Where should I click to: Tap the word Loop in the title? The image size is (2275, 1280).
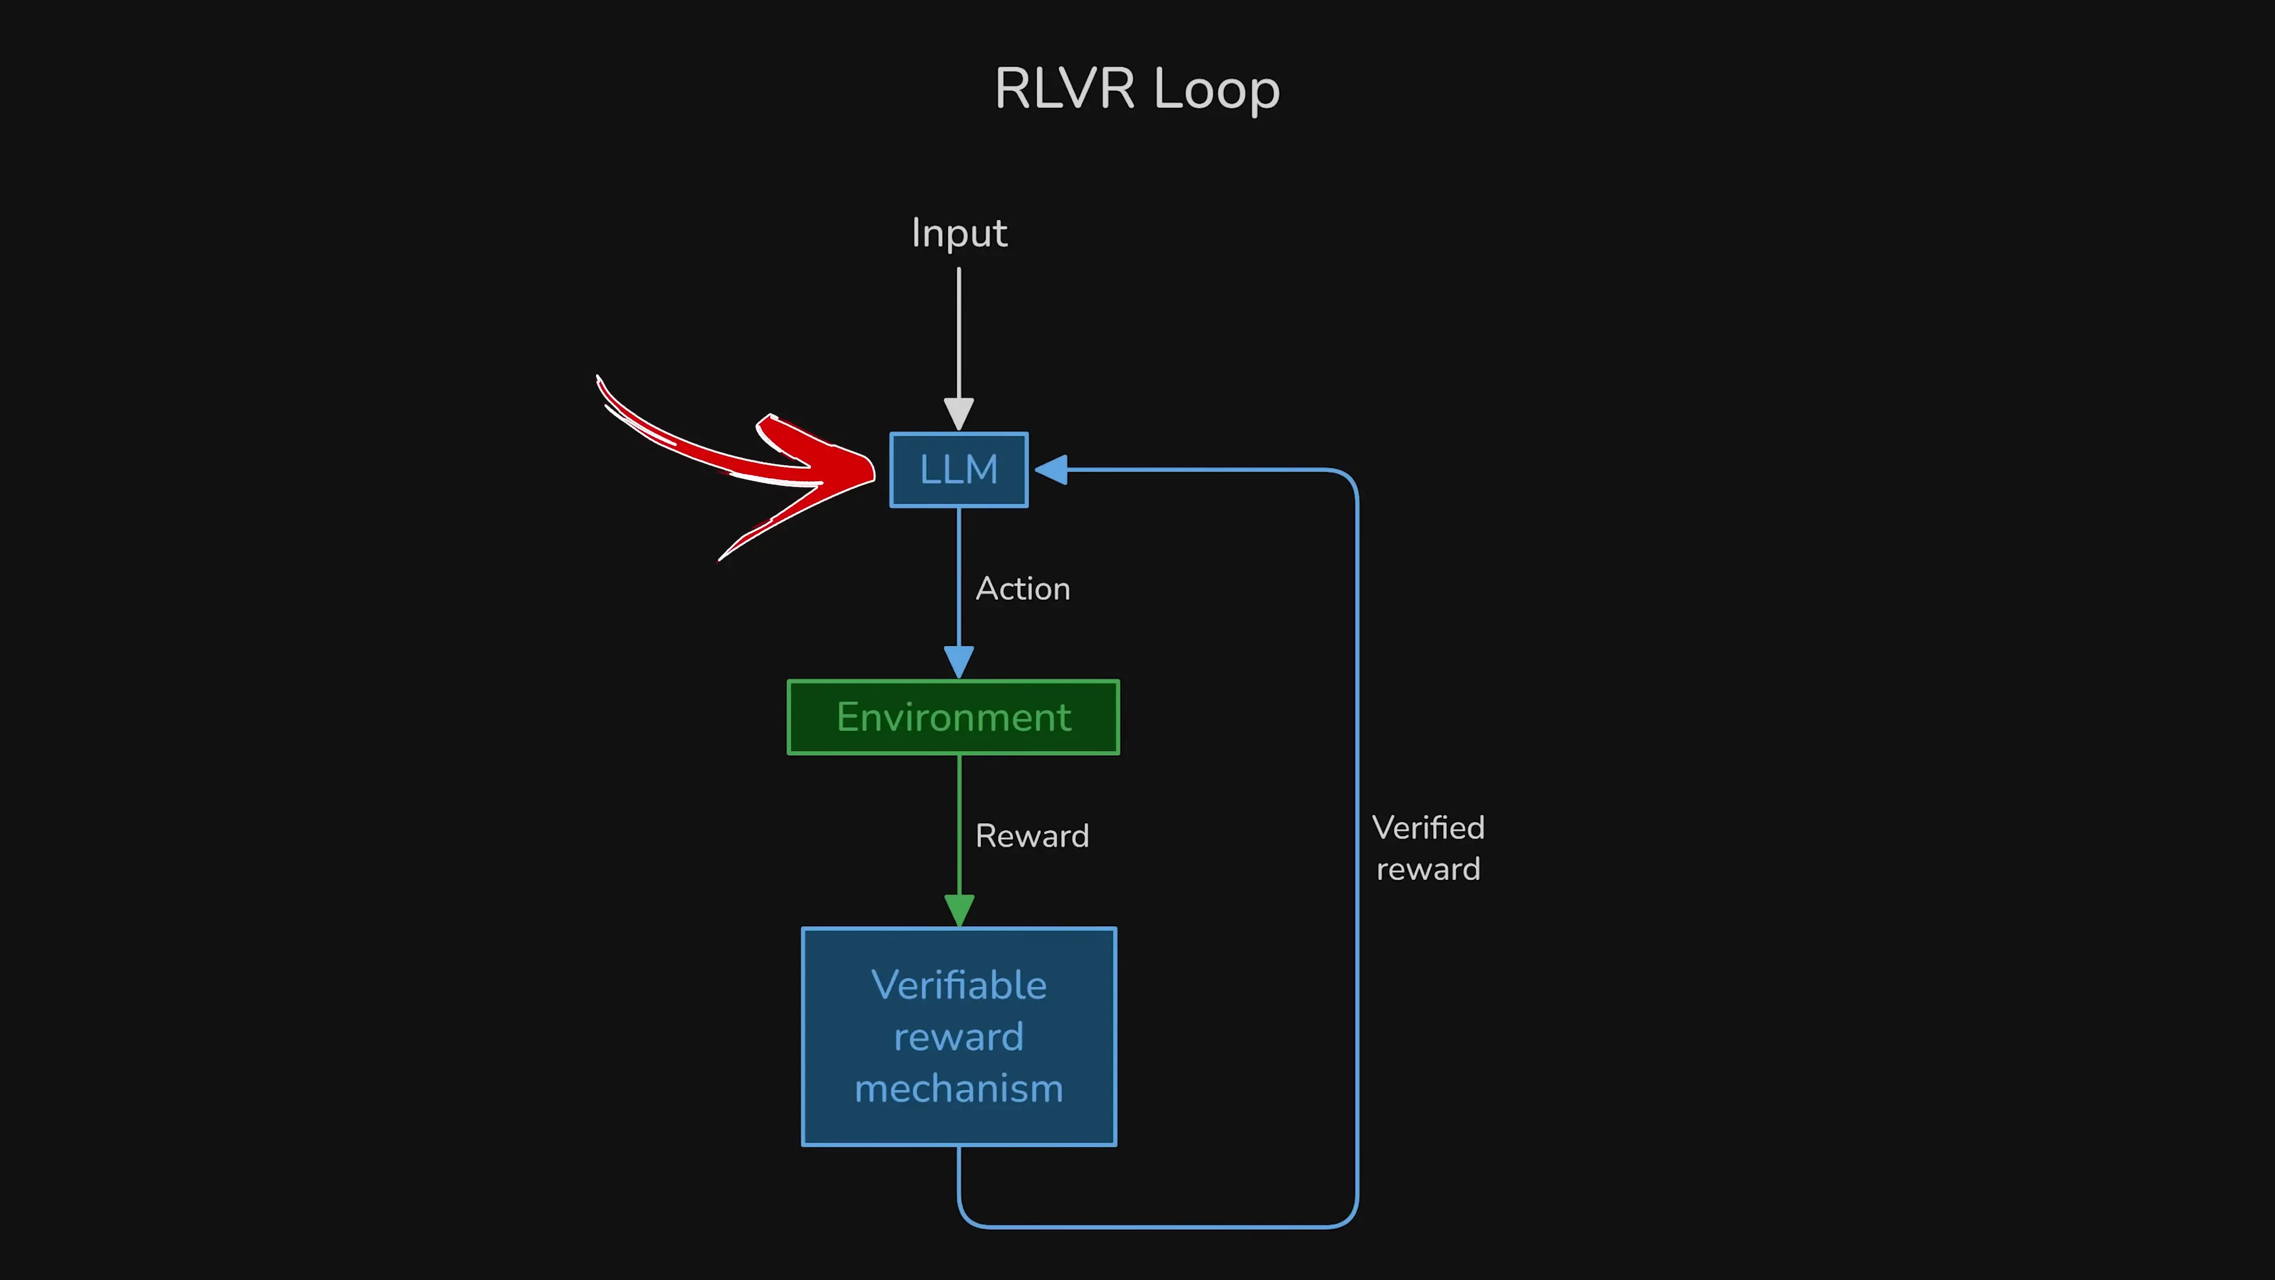coord(1216,90)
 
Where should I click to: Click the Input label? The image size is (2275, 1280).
coord(959,233)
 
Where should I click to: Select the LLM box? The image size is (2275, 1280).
coord(959,470)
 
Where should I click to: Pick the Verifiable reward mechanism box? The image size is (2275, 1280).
coord(959,1036)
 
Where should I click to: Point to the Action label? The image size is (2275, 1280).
coord(1023,589)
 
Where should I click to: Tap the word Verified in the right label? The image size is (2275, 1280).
coord(1428,828)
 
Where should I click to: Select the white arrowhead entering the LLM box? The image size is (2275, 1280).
coord(959,414)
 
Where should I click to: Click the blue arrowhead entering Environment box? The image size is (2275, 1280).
coord(959,662)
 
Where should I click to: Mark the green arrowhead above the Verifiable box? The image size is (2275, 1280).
coord(959,910)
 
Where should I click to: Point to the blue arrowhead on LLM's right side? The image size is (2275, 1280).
coord(1052,470)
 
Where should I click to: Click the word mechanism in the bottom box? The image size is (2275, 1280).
coord(959,1089)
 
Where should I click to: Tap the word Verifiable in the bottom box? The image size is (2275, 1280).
coord(959,985)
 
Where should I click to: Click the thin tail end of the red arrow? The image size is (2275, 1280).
coord(601,382)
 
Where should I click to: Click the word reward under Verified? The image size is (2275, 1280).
coord(1428,870)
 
